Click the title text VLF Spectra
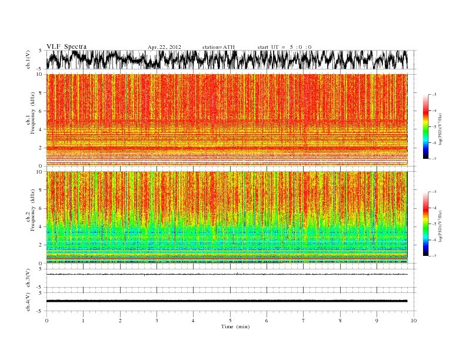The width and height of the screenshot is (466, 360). [66, 46]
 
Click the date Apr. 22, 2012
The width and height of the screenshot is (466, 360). [164, 46]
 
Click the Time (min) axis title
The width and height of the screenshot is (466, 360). [230, 326]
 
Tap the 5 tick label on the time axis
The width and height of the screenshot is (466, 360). [230, 321]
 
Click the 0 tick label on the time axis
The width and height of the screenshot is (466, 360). [46, 321]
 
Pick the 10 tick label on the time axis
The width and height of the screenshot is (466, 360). [414, 321]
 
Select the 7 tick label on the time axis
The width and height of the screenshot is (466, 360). [304, 321]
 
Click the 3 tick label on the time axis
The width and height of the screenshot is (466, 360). [157, 321]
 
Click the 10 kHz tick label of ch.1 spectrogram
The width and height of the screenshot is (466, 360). [39, 74]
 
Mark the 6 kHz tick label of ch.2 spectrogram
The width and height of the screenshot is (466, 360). [41, 209]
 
